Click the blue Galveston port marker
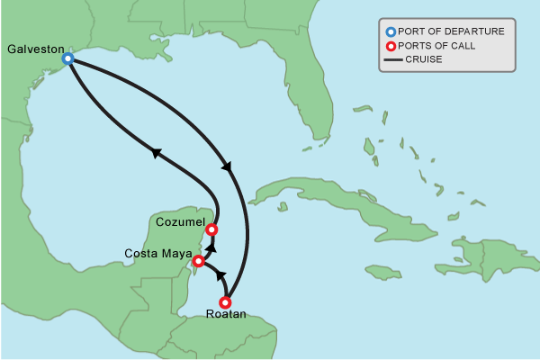[67, 58]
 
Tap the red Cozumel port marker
[211, 229]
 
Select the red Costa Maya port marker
[199, 261]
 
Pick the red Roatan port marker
[226, 302]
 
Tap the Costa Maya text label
[157, 253]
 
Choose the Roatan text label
[226, 315]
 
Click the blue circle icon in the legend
[391, 31]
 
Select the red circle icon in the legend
[391, 46]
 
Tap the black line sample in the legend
[391, 60]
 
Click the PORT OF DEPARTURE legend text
[451, 31]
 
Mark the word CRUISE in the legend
[424, 60]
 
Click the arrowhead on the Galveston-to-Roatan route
[226, 166]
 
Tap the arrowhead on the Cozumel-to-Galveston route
[157, 154]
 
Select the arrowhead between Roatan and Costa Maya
[220, 274]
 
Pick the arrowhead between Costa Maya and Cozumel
[211, 245]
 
